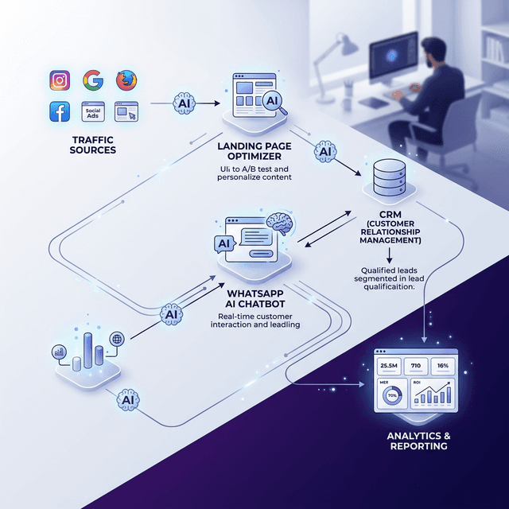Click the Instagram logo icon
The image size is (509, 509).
pos(60,80)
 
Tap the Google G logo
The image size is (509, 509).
pos(92,80)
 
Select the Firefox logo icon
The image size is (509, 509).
pos(126,80)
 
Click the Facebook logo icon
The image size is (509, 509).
pos(60,111)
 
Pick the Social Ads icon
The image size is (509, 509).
pos(93,111)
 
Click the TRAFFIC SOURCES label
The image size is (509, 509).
pos(92,144)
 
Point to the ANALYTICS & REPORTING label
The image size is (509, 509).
pos(417,441)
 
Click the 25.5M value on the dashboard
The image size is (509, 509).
pos(389,366)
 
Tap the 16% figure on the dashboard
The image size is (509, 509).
pos(444,366)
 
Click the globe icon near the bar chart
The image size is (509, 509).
pos(117,337)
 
